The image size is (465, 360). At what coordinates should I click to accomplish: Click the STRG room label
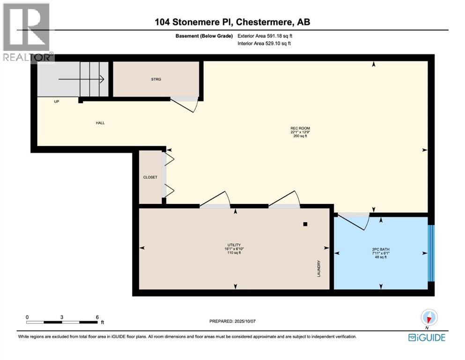pyautogui.click(x=156, y=79)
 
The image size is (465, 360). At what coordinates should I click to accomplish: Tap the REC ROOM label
pyautogui.click(x=300, y=128)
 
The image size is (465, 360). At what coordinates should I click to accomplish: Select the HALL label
pyautogui.click(x=100, y=123)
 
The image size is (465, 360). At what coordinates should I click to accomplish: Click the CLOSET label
pyautogui.click(x=149, y=177)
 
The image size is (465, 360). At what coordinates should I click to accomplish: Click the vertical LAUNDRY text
pyautogui.click(x=318, y=269)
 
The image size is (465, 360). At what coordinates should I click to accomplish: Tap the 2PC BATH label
pyautogui.click(x=380, y=249)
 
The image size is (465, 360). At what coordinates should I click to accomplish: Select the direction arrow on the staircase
pyautogui.click(x=81, y=80)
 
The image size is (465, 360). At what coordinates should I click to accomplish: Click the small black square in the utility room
pyautogui.click(x=305, y=224)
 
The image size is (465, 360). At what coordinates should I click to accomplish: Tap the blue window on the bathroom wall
pyautogui.click(x=431, y=253)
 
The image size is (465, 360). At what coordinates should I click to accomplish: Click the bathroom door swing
pyautogui.click(x=354, y=221)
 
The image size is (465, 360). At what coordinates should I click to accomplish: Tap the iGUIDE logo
pyautogui.click(x=427, y=337)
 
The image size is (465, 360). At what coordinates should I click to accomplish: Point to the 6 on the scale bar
pyautogui.click(x=96, y=317)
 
